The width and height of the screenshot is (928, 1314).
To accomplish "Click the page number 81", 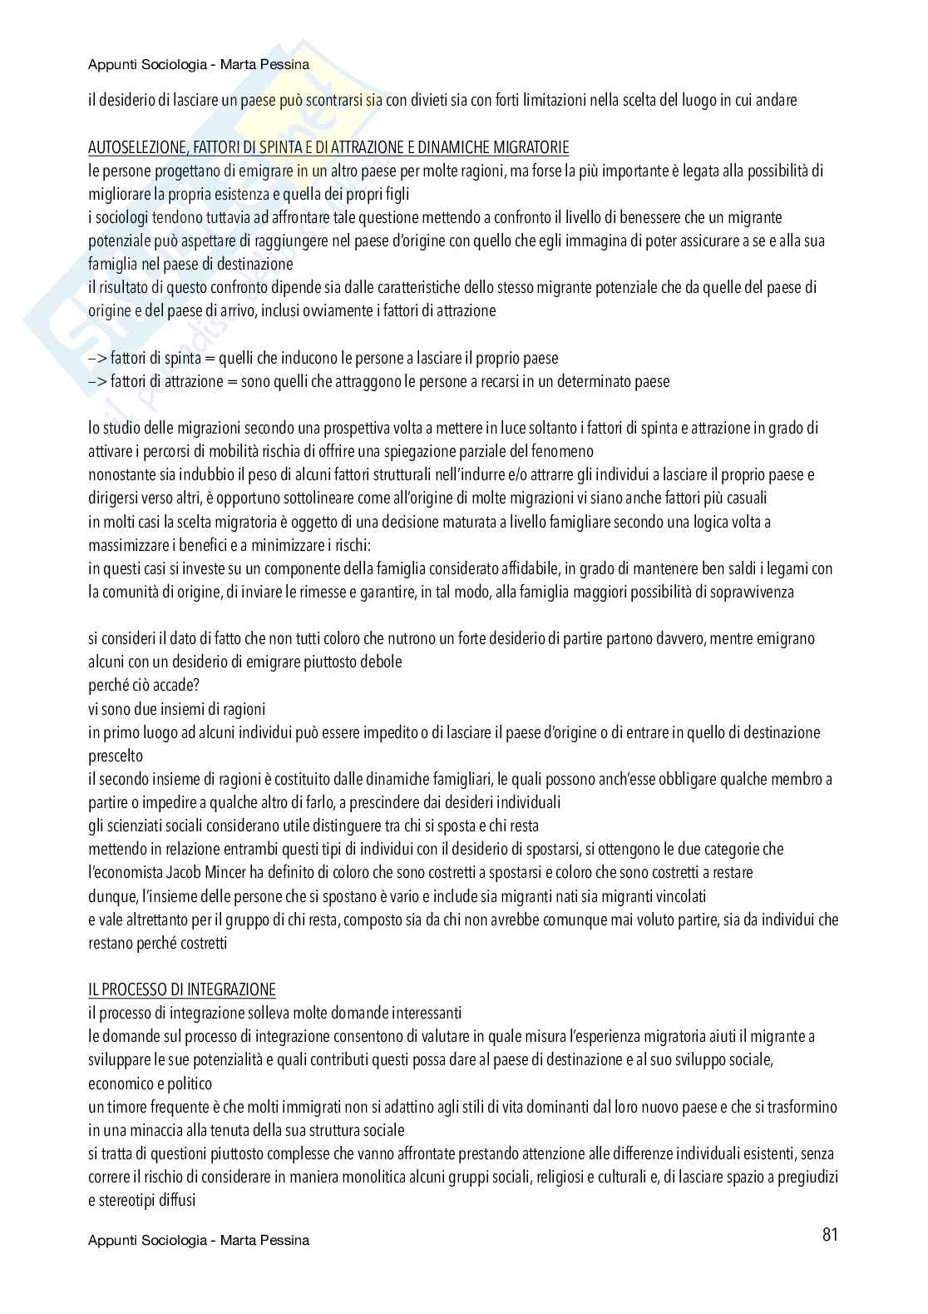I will point(829,1234).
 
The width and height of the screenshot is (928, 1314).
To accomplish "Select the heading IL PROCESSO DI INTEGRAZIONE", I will point(181,989).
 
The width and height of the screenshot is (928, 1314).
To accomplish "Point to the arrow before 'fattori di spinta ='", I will point(97,358).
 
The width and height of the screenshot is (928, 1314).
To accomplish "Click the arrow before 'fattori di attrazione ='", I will point(97,381).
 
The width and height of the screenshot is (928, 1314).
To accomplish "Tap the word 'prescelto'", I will point(115,756).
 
